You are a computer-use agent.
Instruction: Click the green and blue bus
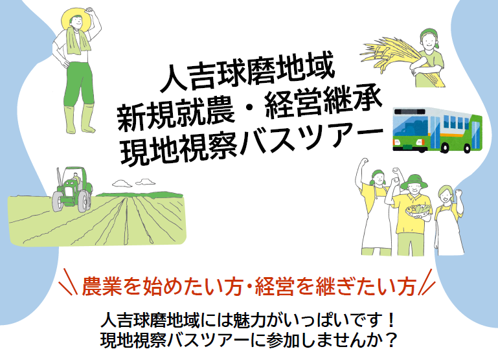437,130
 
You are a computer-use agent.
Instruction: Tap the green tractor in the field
72,190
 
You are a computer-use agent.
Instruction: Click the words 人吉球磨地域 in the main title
247,73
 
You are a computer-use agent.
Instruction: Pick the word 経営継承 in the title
323,102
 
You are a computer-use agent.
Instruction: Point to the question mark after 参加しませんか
392,341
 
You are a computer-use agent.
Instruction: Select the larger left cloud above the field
122,183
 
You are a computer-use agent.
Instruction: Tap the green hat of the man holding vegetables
414,181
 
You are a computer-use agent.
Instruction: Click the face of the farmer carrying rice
428,41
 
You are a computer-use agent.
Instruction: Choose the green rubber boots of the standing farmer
80,119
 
